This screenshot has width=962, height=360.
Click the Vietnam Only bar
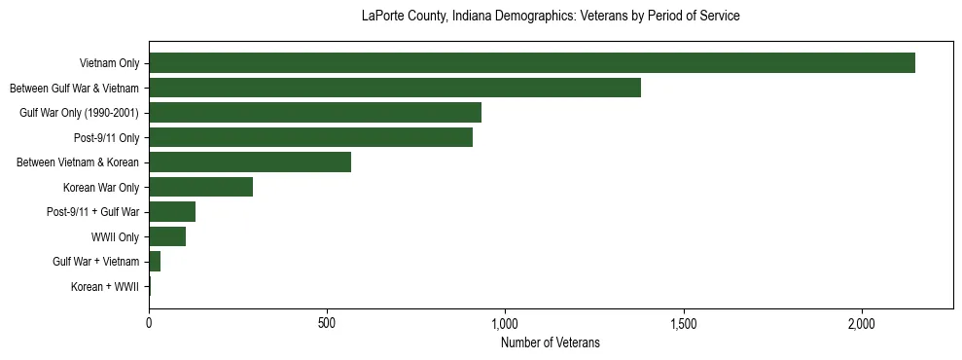pyautogui.click(x=532, y=63)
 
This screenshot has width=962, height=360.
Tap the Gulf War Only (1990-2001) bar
pyautogui.click(x=315, y=113)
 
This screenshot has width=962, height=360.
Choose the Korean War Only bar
pyautogui.click(x=200, y=187)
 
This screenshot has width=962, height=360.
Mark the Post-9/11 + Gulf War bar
pyautogui.click(x=172, y=211)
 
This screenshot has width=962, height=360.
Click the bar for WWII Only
pyautogui.click(x=167, y=236)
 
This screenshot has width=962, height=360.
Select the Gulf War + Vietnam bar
pyautogui.click(x=155, y=261)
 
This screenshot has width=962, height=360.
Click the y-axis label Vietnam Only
pyautogui.click(x=110, y=64)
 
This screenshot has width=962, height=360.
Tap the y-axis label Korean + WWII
pyautogui.click(x=105, y=287)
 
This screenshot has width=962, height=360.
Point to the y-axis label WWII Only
pyautogui.click(x=115, y=237)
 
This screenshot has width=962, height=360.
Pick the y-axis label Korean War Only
pyautogui.click(x=101, y=188)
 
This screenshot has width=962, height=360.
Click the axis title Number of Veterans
pyautogui.click(x=550, y=342)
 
